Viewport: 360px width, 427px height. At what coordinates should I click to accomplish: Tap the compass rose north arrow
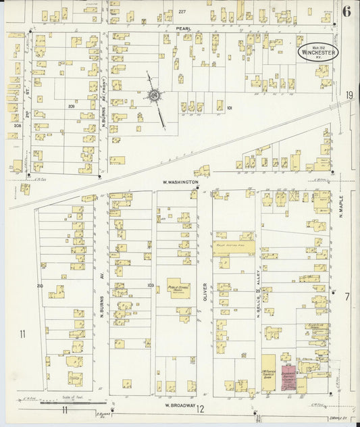click(x=155, y=97)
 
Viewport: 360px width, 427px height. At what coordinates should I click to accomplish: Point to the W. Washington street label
click(x=180, y=182)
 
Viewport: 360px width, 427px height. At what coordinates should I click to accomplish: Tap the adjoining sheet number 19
click(x=349, y=95)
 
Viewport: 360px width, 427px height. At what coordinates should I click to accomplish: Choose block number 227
click(x=182, y=11)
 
